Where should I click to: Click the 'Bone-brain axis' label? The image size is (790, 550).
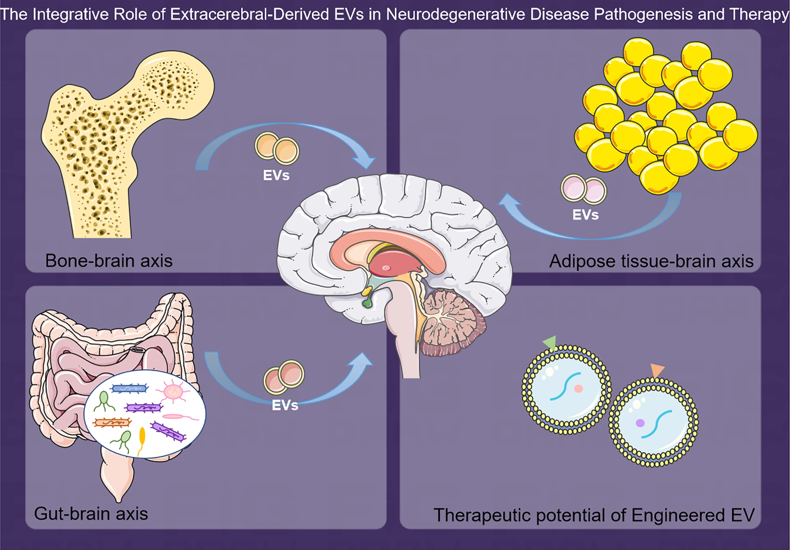(x=109, y=260)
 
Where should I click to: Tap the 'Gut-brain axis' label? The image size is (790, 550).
(x=91, y=513)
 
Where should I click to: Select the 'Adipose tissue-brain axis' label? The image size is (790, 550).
(x=651, y=261)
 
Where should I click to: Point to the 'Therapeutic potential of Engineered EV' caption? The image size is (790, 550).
(x=593, y=515)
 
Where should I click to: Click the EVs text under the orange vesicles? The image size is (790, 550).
(x=276, y=175)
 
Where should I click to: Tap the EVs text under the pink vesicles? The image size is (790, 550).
(x=585, y=215)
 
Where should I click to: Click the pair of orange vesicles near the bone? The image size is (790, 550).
(x=277, y=148)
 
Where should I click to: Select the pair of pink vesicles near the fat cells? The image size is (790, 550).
(x=583, y=189)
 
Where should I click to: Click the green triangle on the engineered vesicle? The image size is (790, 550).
(x=549, y=343)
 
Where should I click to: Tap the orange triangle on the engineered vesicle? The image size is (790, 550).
(x=658, y=370)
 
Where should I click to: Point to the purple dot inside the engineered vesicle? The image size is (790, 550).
(x=640, y=423)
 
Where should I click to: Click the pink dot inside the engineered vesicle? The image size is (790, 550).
(x=578, y=389)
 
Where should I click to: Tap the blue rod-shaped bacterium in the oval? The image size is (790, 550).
(x=129, y=388)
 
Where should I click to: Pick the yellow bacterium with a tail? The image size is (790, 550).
(x=142, y=440)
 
